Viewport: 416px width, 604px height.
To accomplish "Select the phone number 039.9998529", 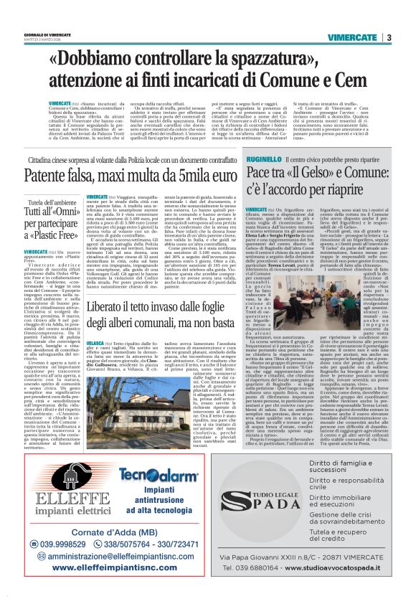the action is tap(65, 542).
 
